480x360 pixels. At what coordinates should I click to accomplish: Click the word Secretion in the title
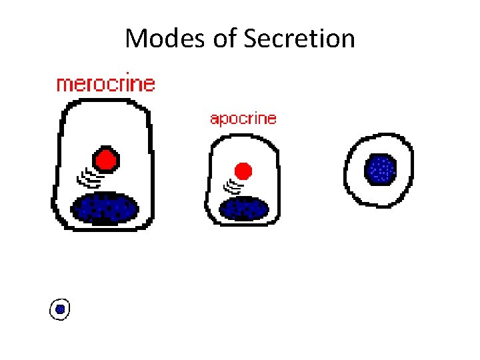coord(299,39)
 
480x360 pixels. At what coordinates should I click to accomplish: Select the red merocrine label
coord(105,85)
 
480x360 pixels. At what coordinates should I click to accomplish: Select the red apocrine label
coord(243,119)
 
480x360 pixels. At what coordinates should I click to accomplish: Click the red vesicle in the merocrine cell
coord(105,160)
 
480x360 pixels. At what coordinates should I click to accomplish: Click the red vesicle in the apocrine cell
coord(243,171)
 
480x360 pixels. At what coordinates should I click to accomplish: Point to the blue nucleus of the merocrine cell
coord(105,207)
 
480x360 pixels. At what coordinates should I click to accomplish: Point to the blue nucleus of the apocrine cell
coord(243,208)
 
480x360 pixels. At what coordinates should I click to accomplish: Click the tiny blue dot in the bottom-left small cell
coord(60,309)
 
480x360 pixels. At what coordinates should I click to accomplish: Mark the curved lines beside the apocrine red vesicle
coord(232,185)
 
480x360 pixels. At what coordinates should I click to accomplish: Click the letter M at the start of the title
coord(137,39)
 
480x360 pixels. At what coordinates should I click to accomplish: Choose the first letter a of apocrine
coord(214,120)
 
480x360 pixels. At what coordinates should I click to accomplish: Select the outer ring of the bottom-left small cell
coord(52,309)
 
